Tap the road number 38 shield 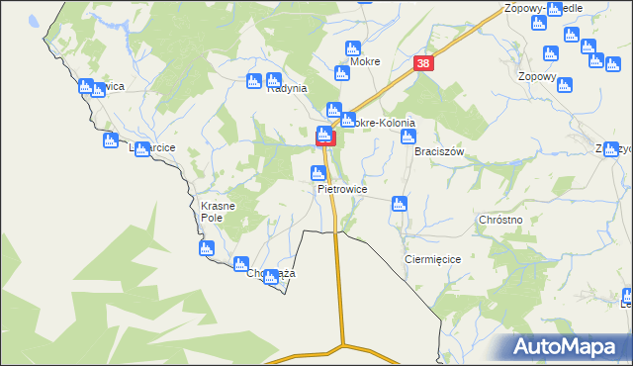point(423,63)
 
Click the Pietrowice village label point(342,188)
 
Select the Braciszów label point(439,152)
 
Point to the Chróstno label point(499,220)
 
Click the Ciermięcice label point(432,258)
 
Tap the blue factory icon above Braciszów point(407,137)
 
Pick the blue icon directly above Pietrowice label point(317,174)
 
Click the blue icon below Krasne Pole point(207,248)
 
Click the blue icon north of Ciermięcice point(399,204)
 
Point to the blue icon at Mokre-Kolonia point(335,110)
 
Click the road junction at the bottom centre point(343,346)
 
